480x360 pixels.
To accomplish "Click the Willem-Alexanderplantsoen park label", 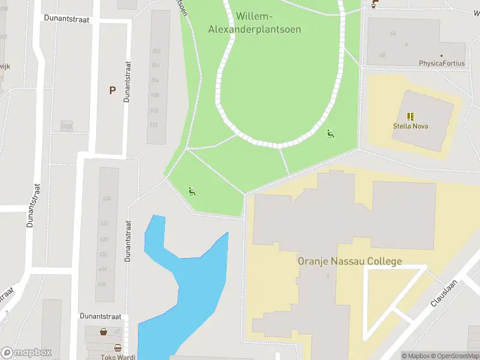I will click(254, 23).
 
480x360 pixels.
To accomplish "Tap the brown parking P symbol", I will click(112, 91).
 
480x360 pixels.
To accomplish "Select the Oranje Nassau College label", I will click(350, 262).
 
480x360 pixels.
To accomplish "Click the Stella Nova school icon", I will click(411, 116).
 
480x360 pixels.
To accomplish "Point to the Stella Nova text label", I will click(410, 127).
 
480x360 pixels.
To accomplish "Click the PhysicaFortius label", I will click(441, 63).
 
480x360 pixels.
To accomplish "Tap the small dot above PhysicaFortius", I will click(441, 55).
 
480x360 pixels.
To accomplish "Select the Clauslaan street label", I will click(444, 293).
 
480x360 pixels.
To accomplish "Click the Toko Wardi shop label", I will click(118, 357).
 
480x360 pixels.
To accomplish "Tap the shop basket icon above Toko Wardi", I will click(118, 347).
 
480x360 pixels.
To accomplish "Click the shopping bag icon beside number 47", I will click(103, 331).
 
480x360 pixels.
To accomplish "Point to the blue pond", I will click(192, 282).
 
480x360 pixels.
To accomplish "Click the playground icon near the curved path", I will click(330, 133).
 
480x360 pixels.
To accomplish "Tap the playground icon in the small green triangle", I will click(192, 191).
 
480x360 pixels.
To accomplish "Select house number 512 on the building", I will click(154, 124).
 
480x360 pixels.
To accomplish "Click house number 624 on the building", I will click(107, 199).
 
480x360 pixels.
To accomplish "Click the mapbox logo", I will click(27, 352).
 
